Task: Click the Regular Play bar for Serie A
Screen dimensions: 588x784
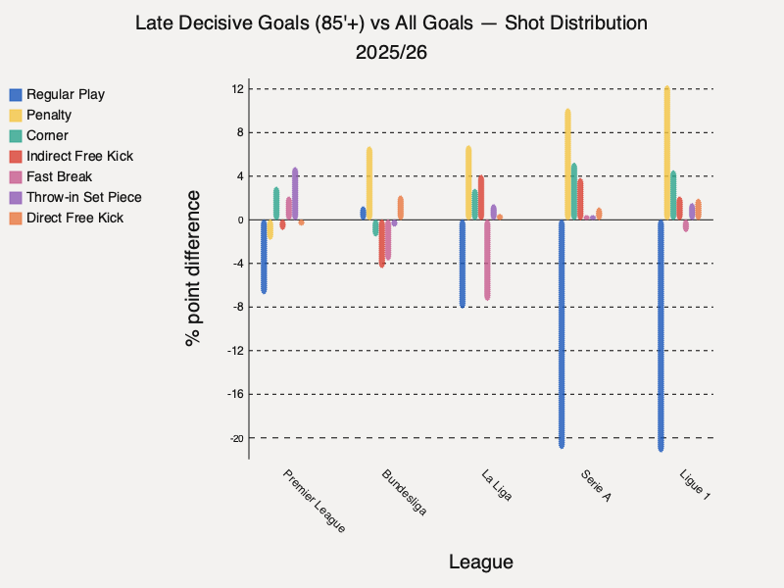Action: [x=562, y=333]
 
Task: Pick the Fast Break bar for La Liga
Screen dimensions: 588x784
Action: [x=487, y=259]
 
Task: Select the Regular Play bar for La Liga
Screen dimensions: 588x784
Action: [x=463, y=263]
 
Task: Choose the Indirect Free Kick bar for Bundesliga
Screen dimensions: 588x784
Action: [x=381, y=243]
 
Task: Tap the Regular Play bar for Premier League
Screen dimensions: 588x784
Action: [x=264, y=256]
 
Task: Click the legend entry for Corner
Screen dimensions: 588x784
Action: [x=47, y=135]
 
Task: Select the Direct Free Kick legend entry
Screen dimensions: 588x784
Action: [x=74, y=218]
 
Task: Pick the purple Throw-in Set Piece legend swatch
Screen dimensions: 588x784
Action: [x=16, y=197]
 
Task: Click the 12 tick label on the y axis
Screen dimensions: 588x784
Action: [x=235, y=89]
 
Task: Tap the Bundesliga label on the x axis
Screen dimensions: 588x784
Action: [x=405, y=493]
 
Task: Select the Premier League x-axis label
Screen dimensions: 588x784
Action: [x=315, y=501]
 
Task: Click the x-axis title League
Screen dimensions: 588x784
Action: [x=480, y=562]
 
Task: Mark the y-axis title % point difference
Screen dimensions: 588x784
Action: [x=193, y=268]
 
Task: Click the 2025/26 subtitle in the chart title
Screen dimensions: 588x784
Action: [x=391, y=50]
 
